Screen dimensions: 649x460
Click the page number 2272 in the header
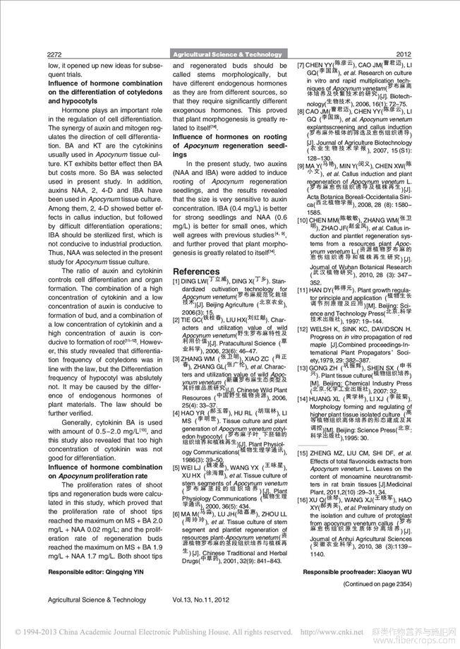point(56,54)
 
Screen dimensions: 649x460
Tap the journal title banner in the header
point(229,54)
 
